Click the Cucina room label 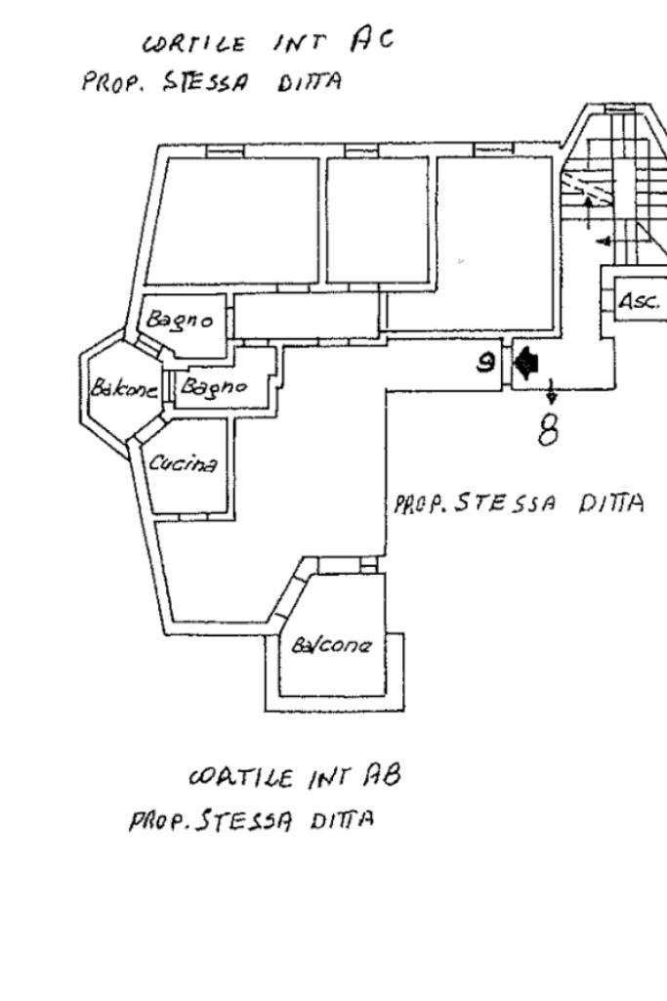click(x=183, y=462)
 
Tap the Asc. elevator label click(x=639, y=301)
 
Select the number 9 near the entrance click(x=486, y=363)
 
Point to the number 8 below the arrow click(x=548, y=431)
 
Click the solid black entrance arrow click(x=525, y=363)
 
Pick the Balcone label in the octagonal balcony click(x=124, y=387)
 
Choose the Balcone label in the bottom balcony click(x=331, y=645)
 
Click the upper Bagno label click(x=180, y=320)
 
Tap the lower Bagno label click(x=214, y=386)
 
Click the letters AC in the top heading click(x=372, y=39)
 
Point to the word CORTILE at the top click(x=194, y=44)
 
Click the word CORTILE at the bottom click(x=241, y=777)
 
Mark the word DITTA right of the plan click(x=611, y=503)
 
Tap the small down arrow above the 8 click(x=552, y=391)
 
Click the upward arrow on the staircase click(x=588, y=212)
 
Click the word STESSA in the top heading click(x=205, y=82)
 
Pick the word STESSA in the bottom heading click(x=245, y=820)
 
